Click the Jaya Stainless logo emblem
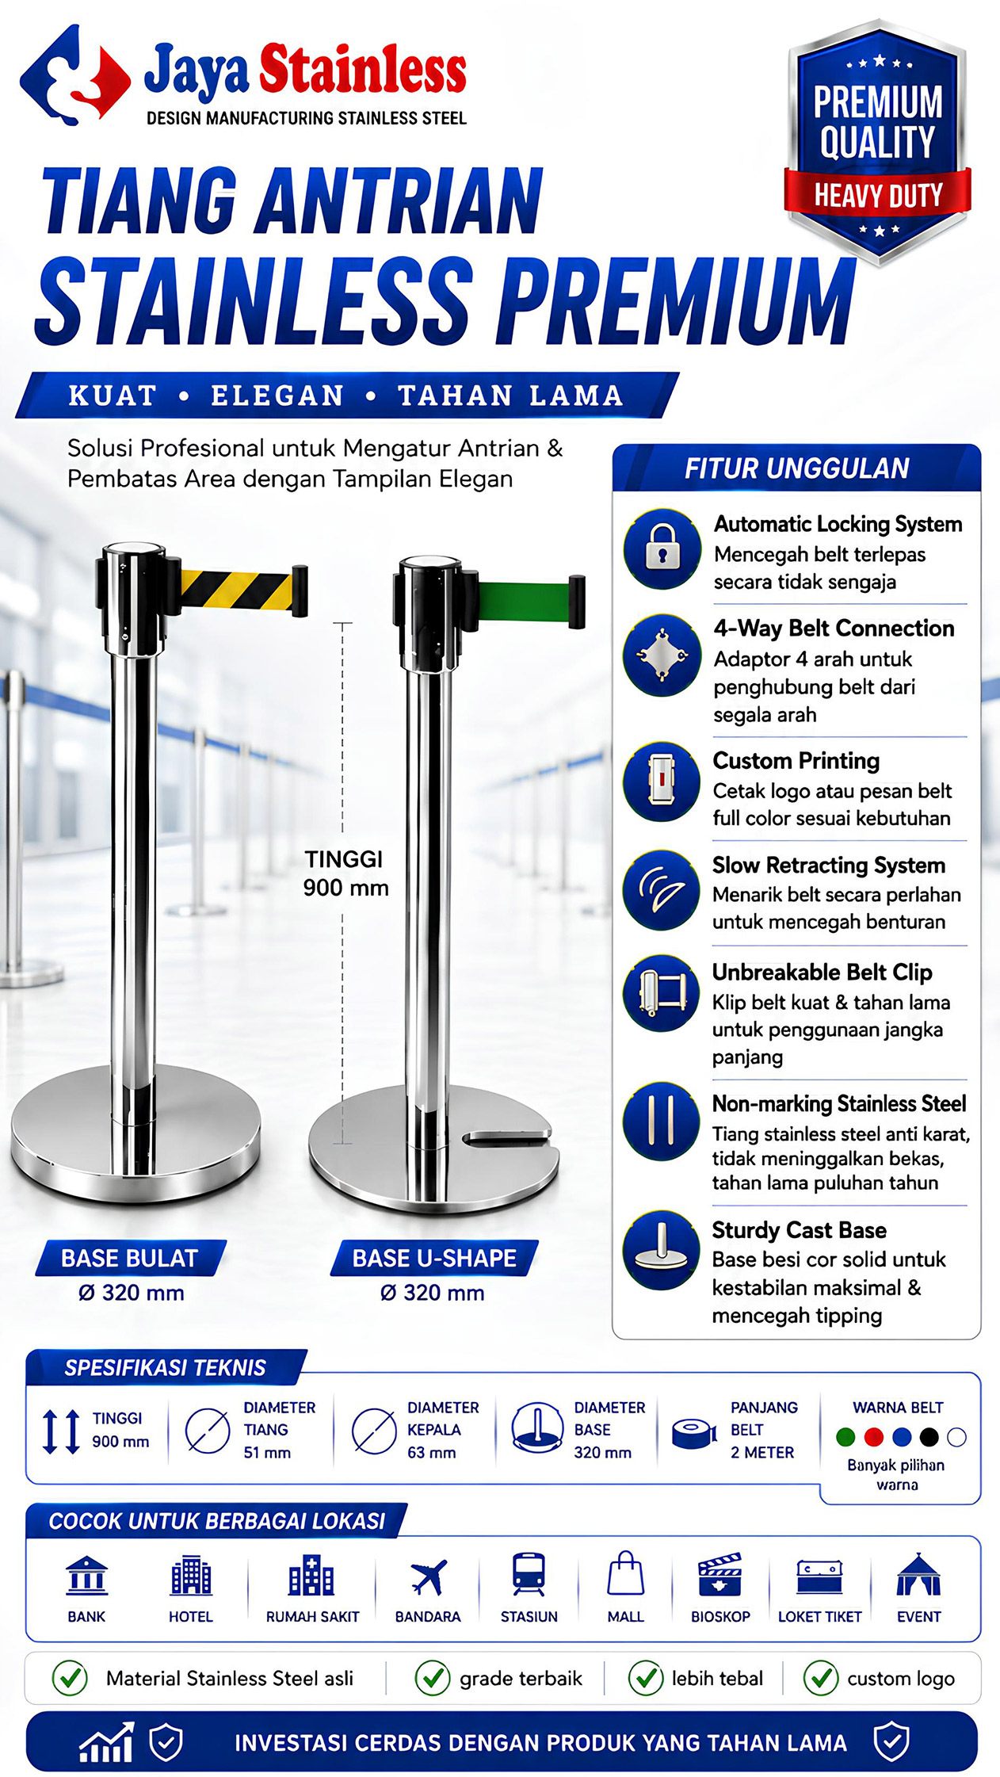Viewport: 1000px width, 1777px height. (75, 75)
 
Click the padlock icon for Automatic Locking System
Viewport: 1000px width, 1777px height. (662, 548)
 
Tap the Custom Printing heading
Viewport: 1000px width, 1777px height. (796, 761)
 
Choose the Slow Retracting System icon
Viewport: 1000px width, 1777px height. (662, 889)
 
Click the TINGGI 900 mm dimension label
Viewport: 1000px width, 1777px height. (345, 873)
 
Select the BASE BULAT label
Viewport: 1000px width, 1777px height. (129, 1258)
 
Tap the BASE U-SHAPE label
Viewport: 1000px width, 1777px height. (434, 1258)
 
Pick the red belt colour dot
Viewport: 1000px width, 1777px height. (873, 1437)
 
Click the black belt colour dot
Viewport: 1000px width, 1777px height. (929, 1437)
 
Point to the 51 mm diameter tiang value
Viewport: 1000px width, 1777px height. (267, 1453)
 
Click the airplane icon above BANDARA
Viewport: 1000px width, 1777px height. (429, 1577)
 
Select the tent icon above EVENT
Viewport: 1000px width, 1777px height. (918, 1574)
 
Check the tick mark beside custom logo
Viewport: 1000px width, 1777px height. (821, 1678)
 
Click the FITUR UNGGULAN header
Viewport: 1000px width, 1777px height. (796, 468)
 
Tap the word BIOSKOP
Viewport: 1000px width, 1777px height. (720, 1617)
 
